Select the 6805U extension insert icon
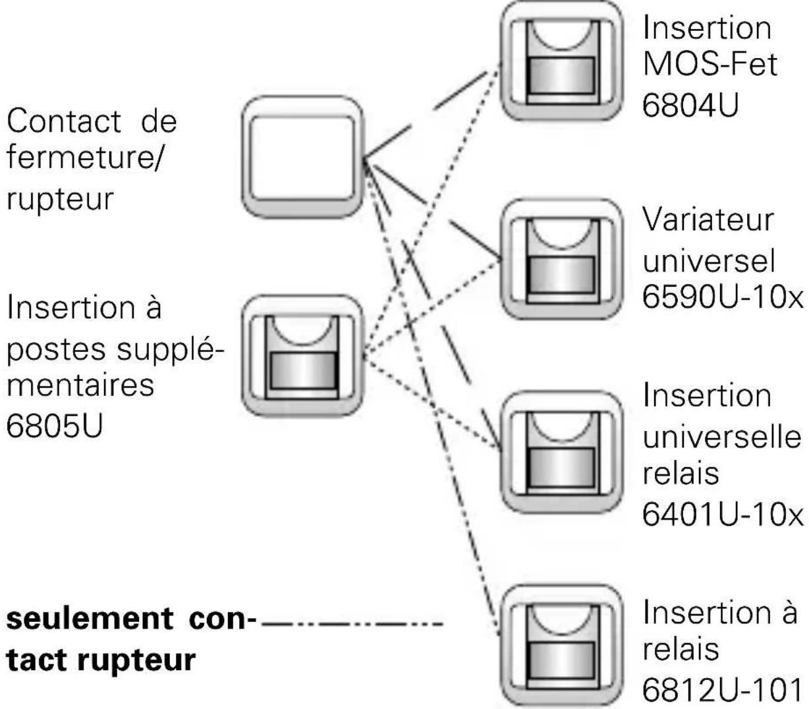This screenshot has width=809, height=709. point(302,356)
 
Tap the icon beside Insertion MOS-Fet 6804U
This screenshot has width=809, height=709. point(561,61)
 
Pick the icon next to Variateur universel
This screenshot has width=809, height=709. point(561,260)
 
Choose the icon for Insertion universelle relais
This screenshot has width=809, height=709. point(561,454)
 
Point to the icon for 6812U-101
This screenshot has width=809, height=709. point(561,645)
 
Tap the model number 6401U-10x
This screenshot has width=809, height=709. point(723,513)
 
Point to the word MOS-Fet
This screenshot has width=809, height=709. point(710,65)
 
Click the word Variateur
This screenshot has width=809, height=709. point(708,219)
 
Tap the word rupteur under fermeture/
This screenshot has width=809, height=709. point(60,199)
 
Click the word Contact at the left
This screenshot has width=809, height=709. point(63,121)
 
